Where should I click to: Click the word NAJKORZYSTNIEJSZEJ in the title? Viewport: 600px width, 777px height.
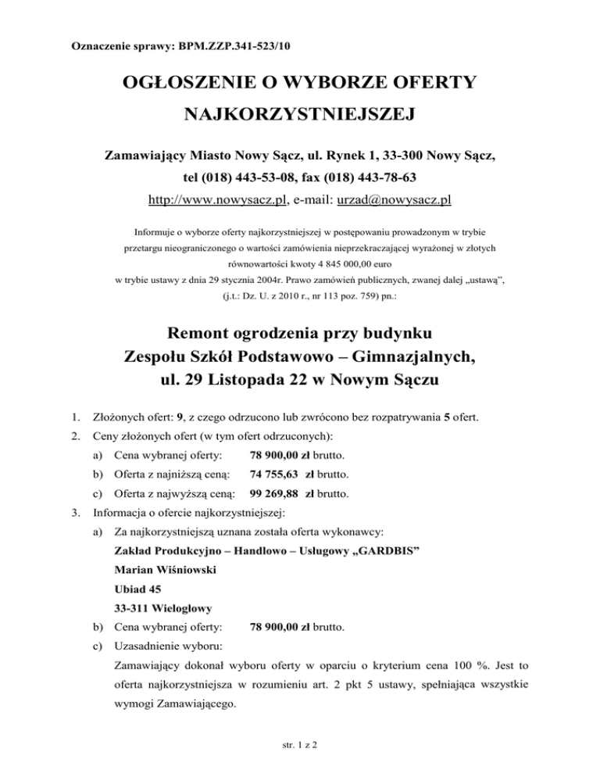coord(300,116)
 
